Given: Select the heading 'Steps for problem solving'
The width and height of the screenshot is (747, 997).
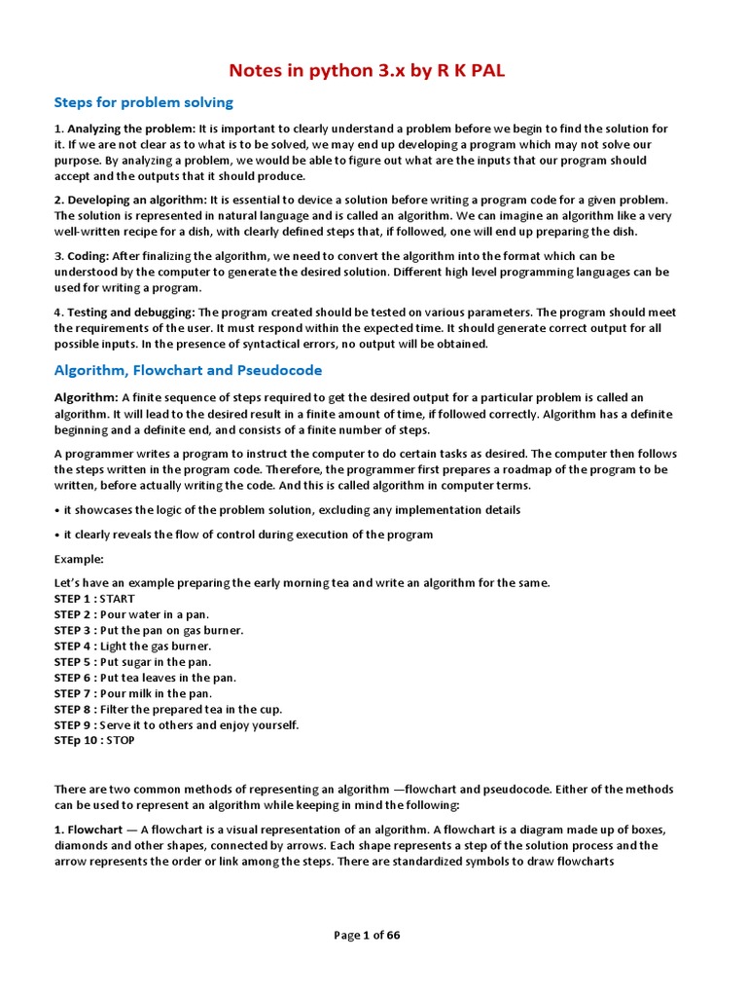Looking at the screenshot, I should [x=143, y=102].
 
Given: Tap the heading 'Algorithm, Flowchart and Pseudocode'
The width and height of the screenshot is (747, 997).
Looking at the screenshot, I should [x=188, y=370].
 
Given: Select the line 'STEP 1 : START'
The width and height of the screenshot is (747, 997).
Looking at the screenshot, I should [x=94, y=599].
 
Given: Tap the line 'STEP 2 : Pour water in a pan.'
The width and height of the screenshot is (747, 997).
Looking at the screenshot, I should [x=131, y=614].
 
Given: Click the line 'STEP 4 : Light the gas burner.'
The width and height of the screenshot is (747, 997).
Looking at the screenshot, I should [x=132, y=646].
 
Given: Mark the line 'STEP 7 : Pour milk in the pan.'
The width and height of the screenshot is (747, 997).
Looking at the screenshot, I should [x=132, y=693].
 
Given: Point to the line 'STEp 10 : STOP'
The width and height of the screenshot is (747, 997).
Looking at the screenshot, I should [x=94, y=740].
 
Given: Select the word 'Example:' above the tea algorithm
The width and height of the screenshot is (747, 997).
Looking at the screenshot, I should [x=78, y=559].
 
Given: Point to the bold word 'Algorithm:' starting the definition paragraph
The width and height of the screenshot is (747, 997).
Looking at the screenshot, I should [x=86, y=398].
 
